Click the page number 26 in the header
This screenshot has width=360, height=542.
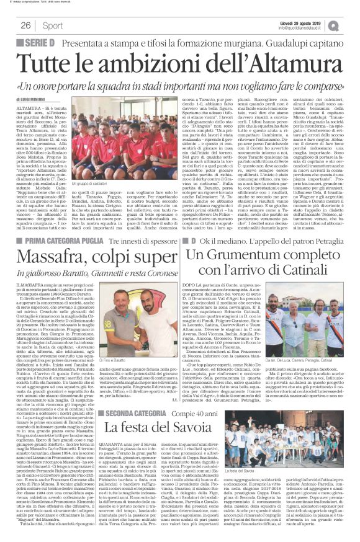point(26,25)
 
